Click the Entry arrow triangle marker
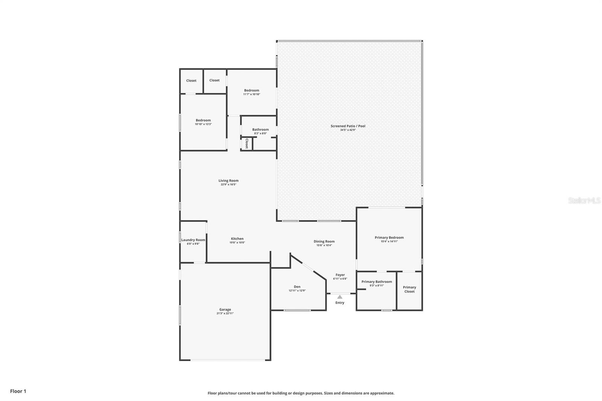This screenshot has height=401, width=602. tap(340, 297)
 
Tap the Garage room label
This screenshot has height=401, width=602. tap(225, 309)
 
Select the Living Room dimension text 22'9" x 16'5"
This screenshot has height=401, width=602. tap(228, 184)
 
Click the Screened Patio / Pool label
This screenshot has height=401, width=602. tap(348, 126)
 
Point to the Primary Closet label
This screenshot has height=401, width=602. tap(409, 289)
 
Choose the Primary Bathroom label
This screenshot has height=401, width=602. tap(377, 282)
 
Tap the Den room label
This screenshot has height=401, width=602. tap(297, 287)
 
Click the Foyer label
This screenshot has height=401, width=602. tap(340, 275)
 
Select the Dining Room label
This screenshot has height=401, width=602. tap(324, 242)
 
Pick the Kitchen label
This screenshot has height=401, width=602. tap(237, 238)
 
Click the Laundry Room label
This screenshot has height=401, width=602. tap(193, 240)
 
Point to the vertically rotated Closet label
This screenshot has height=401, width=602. tap(247, 144)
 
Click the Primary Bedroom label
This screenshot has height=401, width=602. tap(389, 237)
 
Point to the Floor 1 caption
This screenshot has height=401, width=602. tap(18, 391)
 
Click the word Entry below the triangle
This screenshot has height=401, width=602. tap(340, 303)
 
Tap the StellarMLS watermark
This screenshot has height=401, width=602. tap(584, 200)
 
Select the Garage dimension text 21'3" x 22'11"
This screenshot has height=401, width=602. tap(225, 313)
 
